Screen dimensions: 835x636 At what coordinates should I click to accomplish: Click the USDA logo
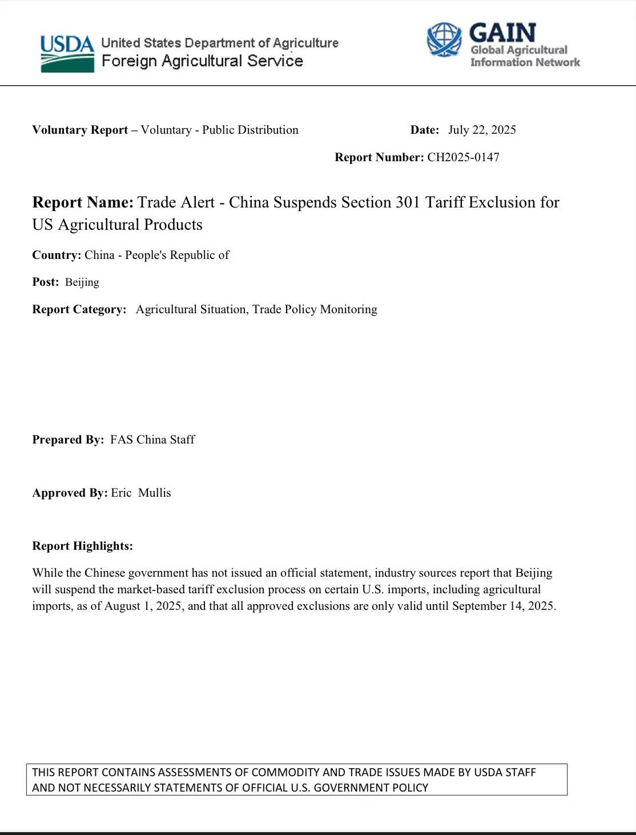point(67,54)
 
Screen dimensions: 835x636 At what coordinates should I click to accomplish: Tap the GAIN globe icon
point(444,39)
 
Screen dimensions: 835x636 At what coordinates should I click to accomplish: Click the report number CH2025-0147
point(463,157)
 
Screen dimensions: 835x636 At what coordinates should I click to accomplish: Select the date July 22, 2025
point(482,130)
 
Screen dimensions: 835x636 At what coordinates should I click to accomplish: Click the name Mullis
point(154,493)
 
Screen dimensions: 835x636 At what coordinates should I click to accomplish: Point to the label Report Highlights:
point(82,546)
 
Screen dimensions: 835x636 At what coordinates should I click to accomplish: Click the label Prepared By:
point(68,440)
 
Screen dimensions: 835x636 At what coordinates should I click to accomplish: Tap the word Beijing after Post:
point(82,282)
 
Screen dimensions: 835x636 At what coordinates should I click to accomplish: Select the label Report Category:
point(79,309)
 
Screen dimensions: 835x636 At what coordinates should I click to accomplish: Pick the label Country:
point(57,255)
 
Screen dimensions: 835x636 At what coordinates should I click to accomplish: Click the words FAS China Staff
point(152,440)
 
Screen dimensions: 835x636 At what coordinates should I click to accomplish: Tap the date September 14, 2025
point(503,606)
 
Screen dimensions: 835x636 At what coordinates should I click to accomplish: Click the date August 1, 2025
point(144,606)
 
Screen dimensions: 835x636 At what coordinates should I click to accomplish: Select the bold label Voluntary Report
point(80,130)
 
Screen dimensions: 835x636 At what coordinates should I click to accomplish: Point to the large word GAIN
point(502,33)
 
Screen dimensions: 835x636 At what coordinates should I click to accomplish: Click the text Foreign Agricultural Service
point(202,61)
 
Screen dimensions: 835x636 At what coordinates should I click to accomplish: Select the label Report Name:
point(83,202)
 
